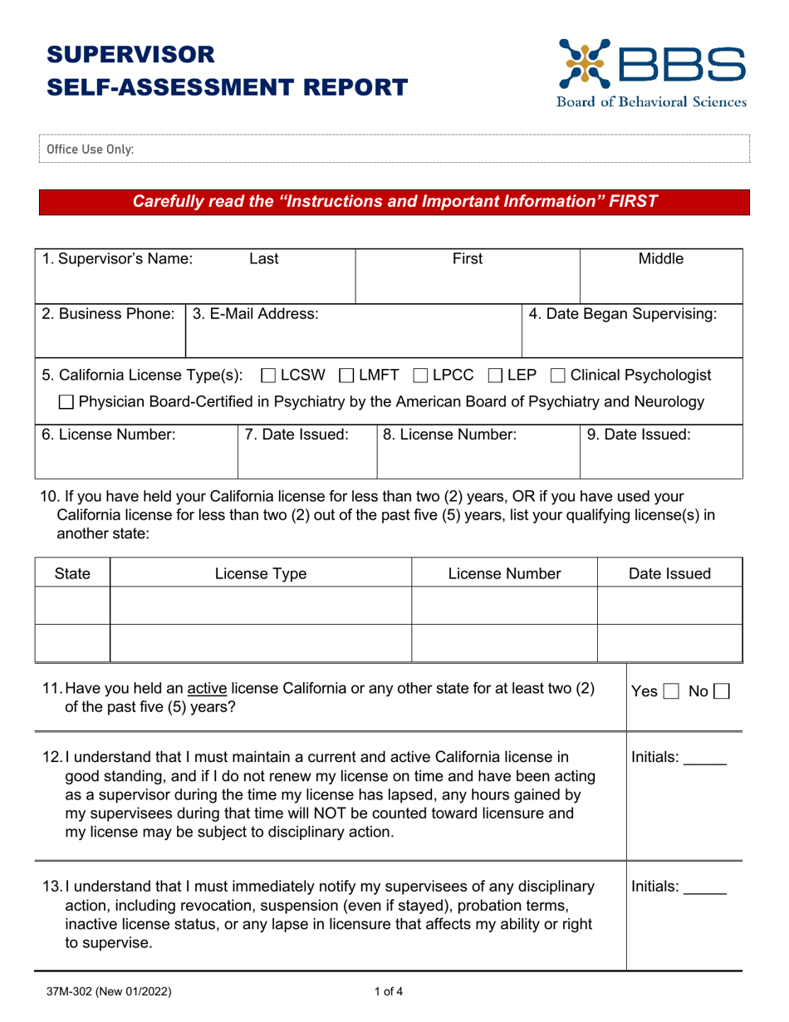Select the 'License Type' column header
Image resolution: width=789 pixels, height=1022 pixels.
coord(260,572)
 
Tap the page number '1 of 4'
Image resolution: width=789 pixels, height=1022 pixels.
coord(388,990)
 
